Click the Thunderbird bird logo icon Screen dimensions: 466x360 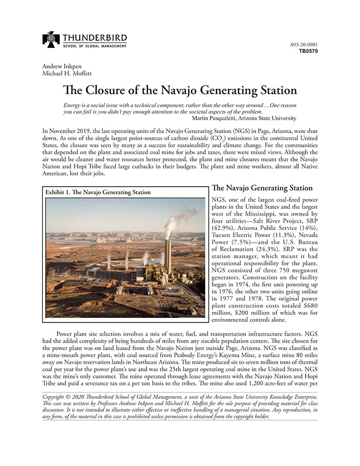(x=51, y=40)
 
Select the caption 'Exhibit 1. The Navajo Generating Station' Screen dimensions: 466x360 (x=98, y=192)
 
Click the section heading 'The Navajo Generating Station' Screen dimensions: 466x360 (x=262, y=188)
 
